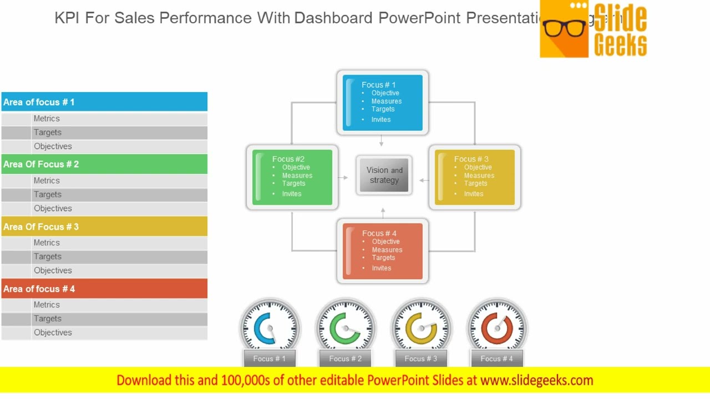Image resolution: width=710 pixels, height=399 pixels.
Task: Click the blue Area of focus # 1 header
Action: coord(104,102)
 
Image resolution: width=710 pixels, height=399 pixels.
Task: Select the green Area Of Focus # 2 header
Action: coord(104,164)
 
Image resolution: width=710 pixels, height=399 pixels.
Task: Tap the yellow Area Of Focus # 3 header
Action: coord(104,227)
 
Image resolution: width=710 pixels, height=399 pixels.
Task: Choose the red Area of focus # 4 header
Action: coord(104,289)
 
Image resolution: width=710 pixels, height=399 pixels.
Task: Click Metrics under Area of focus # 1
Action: coord(47,119)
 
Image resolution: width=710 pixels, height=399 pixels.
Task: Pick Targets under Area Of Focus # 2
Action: coord(48,195)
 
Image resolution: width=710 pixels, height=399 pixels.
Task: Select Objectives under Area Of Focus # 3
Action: coord(53,270)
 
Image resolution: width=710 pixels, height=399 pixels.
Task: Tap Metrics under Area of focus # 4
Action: coord(47,305)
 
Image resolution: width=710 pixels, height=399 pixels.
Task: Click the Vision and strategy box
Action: coord(384,175)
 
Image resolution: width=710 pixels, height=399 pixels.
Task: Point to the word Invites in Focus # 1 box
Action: coord(381,120)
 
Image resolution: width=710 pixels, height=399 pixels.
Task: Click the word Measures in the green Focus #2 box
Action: coord(297,176)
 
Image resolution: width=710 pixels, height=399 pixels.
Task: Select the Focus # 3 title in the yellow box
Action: coord(471,159)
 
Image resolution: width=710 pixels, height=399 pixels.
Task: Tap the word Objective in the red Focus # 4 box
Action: coord(386,242)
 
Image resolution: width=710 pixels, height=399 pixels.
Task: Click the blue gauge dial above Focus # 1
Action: coord(270,328)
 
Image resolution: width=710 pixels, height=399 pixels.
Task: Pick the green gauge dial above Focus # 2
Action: coord(346,328)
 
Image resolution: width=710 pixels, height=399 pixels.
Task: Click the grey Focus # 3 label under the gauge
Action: coord(421,359)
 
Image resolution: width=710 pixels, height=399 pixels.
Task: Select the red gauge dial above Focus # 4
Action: coord(497,328)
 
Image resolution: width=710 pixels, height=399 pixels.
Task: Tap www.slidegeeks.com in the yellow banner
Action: coord(536,380)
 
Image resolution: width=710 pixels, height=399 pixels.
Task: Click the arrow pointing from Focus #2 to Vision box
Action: coord(343,178)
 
